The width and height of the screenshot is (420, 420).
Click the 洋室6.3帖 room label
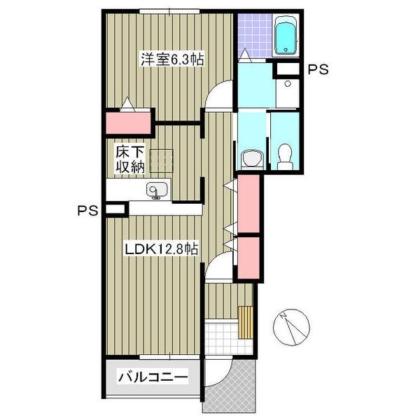(x=172, y=59)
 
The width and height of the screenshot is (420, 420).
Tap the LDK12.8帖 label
(x=162, y=249)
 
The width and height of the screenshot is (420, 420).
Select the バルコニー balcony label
(x=153, y=377)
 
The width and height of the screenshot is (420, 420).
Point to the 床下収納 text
(x=130, y=159)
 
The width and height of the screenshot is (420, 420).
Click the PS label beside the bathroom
(x=318, y=69)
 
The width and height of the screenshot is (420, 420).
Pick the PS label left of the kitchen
(x=88, y=211)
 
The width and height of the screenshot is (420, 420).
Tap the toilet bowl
(x=284, y=156)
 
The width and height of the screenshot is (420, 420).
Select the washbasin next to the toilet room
(x=252, y=159)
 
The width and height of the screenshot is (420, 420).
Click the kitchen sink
(x=157, y=190)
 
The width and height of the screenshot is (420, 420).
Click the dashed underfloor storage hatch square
(x=161, y=161)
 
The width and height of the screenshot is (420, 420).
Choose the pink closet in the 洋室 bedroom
(x=128, y=123)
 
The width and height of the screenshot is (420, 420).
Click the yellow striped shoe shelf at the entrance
(x=246, y=322)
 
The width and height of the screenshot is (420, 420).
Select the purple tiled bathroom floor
(x=255, y=36)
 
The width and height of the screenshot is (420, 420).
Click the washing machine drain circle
(x=288, y=84)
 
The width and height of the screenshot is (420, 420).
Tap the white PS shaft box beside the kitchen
(x=115, y=209)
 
